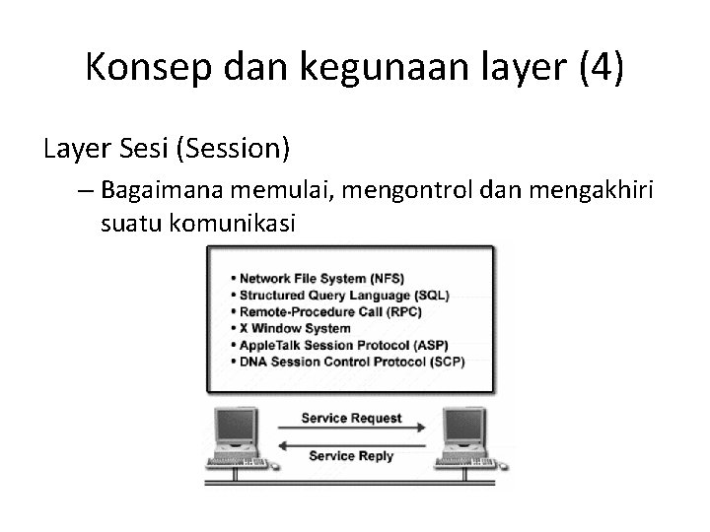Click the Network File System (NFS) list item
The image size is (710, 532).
coord(321,279)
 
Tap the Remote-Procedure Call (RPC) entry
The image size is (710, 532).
coord(331,312)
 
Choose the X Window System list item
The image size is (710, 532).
coord(295,328)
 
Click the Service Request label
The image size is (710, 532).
coord(351,418)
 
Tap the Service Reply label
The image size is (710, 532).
coord(351,456)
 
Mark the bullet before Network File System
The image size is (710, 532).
coord(232,279)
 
